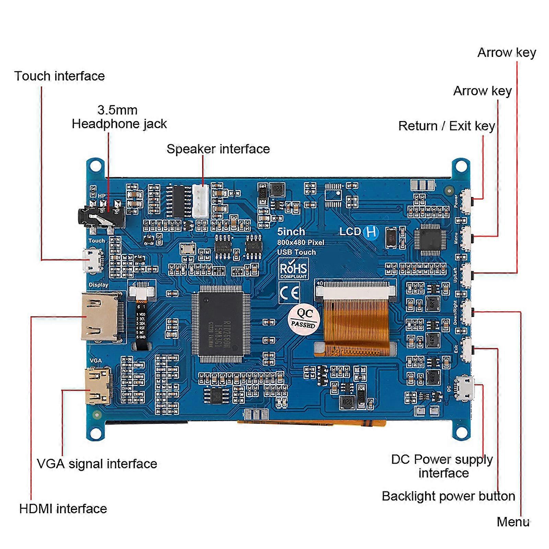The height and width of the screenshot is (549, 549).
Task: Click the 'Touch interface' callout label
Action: point(59,76)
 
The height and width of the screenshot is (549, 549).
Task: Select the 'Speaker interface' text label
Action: point(218,149)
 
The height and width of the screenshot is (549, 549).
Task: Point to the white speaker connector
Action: point(200,201)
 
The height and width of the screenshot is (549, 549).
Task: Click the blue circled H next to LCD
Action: point(371,232)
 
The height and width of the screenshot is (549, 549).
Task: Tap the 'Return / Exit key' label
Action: point(446,126)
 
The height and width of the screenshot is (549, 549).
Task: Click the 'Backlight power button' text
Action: point(448,496)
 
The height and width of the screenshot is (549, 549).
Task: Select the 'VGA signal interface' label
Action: point(97,464)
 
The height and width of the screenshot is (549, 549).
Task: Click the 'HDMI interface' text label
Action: point(63,509)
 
